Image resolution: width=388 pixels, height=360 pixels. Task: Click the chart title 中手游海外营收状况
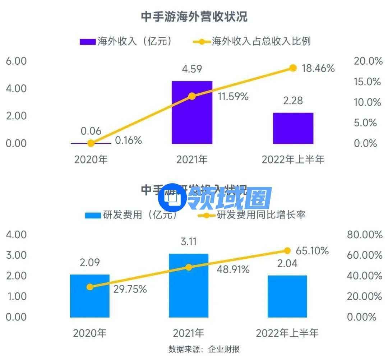point(194,17)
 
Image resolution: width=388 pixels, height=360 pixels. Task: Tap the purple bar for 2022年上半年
point(293,128)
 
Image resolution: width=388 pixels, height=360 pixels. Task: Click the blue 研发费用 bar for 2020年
point(90,296)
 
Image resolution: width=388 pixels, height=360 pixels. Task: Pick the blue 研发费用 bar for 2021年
point(189,286)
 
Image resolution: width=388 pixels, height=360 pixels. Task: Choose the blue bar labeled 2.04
point(287,296)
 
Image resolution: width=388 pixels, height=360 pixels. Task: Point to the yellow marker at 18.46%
point(293,68)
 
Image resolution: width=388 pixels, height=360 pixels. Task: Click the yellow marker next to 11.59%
point(192,96)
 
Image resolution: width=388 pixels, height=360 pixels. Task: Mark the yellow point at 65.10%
point(287,250)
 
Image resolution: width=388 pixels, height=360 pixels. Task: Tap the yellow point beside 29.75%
point(90,287)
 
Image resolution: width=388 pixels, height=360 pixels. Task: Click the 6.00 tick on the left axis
point(17,61)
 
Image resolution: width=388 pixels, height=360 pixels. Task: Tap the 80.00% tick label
point(364,235)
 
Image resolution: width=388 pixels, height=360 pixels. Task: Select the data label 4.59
point(192,69)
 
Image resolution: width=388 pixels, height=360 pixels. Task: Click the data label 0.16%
point(128,140)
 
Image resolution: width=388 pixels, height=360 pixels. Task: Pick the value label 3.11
point(189,241)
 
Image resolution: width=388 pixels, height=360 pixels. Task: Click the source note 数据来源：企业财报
point(204,349)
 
